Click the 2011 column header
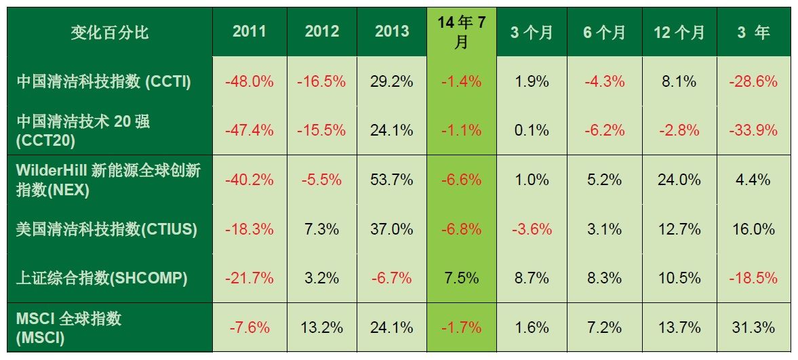[250, 32]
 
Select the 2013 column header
[392, 32]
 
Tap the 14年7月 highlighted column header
[461, 33]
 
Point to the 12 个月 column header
[679, 33]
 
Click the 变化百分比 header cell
[109, 33]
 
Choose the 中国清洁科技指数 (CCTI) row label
[103, 82]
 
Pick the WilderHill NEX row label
[108, 180]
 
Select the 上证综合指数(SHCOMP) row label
[102, 278]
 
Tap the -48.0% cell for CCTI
[250, 82]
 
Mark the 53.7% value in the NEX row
[392, 180]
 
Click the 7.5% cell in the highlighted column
[461, 278]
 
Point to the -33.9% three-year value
[753, 131]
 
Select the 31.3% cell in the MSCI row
[753, 327]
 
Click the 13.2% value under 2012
[321, 327]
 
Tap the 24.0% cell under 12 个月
[679, 180]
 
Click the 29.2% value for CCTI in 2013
[392, 82]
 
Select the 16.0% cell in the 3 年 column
[753, 229]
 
